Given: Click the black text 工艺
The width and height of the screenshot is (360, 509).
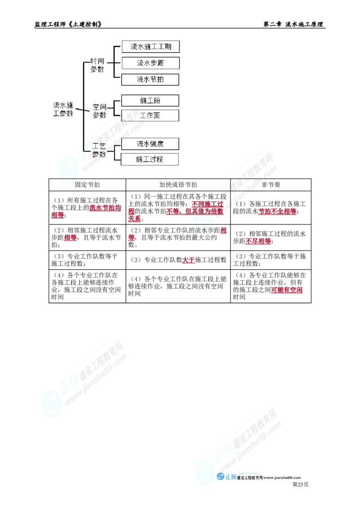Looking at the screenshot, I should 100,146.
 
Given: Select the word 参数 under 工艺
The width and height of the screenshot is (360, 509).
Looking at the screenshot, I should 99,154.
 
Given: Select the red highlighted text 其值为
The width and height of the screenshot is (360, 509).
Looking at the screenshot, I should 207,210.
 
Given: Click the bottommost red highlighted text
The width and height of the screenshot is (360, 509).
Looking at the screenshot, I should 287,290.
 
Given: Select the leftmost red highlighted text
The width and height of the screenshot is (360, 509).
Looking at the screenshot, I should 57,215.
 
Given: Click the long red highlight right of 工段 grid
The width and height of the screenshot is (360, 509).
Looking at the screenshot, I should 277,211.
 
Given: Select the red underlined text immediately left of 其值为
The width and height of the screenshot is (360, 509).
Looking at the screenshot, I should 178,211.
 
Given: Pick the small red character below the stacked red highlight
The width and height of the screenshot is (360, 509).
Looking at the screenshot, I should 131,238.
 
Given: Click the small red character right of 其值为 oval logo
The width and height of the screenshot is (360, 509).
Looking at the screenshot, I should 223,231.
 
